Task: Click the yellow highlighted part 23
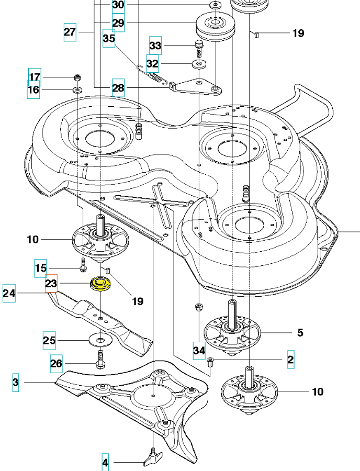(x=100, y=284)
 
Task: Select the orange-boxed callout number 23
(x=51, y=283)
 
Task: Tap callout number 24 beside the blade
(x=9, y=293)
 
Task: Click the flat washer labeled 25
(x=100, y=340)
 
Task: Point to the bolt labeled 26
(x=100, y=358)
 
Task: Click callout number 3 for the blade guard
(x=16, y=383)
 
